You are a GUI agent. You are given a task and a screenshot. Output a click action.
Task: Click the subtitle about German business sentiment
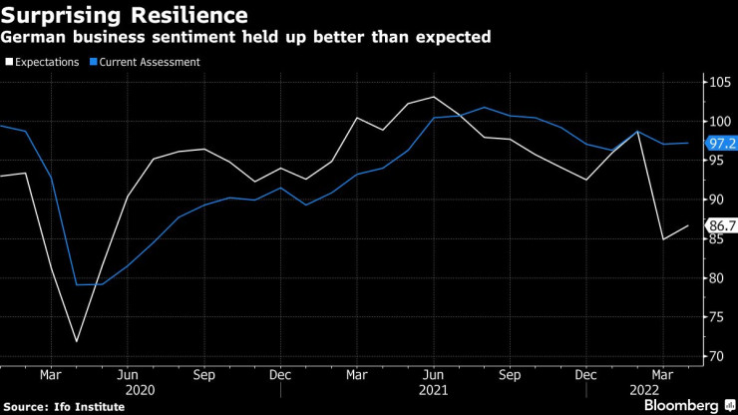tap(246, 38)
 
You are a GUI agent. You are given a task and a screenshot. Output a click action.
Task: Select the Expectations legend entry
tap(44, 62)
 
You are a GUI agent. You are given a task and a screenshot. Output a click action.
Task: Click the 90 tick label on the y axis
tap(717, 200)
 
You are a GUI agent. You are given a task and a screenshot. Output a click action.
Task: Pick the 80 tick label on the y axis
tap(717, 277)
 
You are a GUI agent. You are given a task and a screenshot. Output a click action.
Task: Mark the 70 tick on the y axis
tap(717, 356)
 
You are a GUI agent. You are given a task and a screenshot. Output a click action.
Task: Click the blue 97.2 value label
tap(721, 143)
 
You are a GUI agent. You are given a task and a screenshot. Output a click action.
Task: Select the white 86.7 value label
tap(721, 225)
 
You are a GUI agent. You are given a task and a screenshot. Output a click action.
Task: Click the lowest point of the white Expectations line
tap(77, 342)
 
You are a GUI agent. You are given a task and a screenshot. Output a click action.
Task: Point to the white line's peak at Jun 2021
tap(434, 97)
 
